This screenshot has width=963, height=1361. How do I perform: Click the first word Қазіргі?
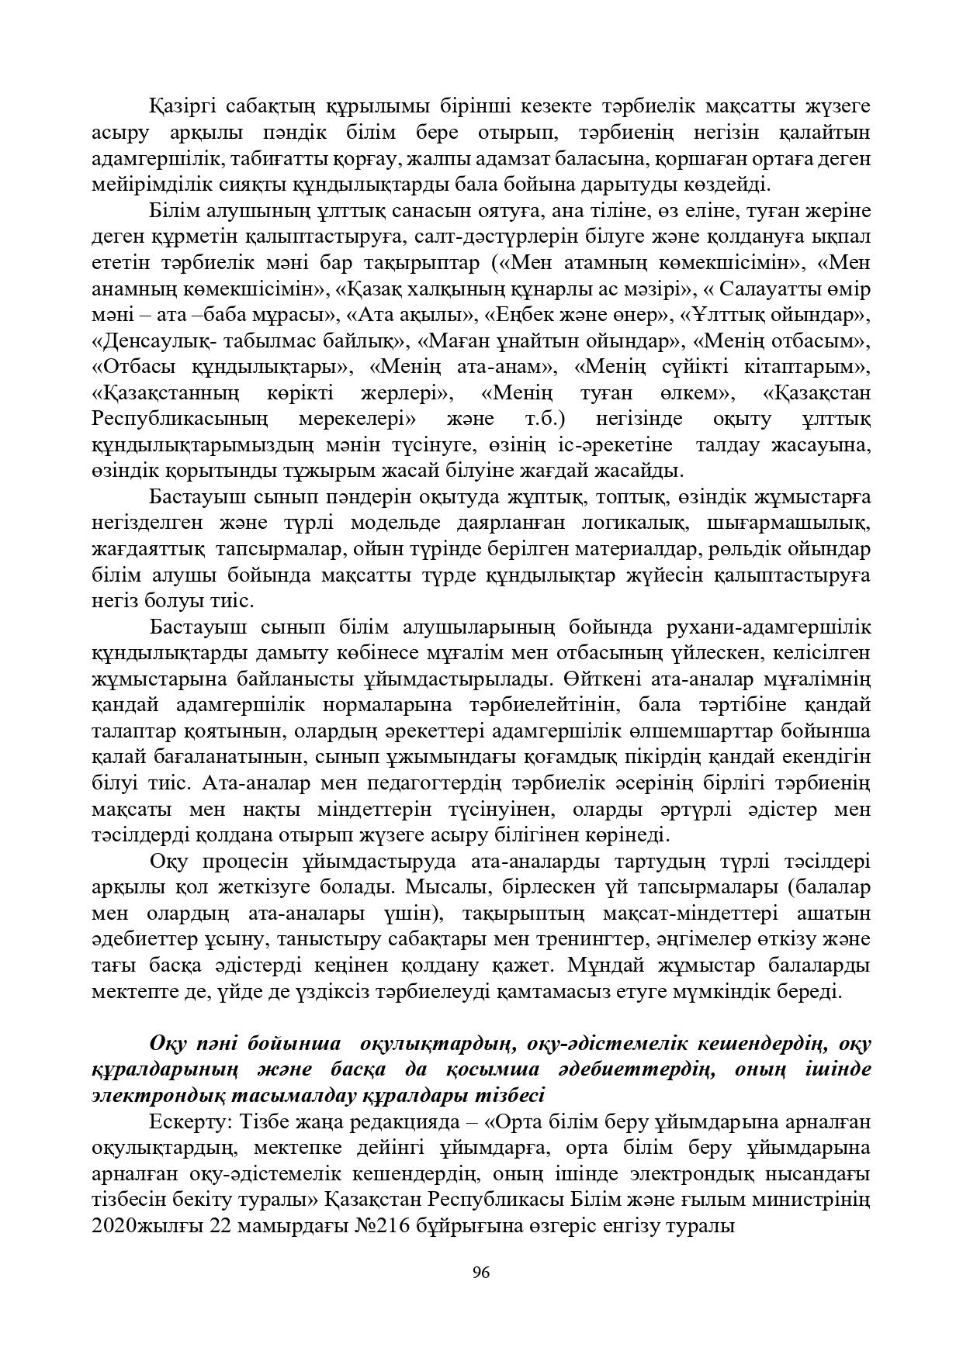(x=183, y=105)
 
